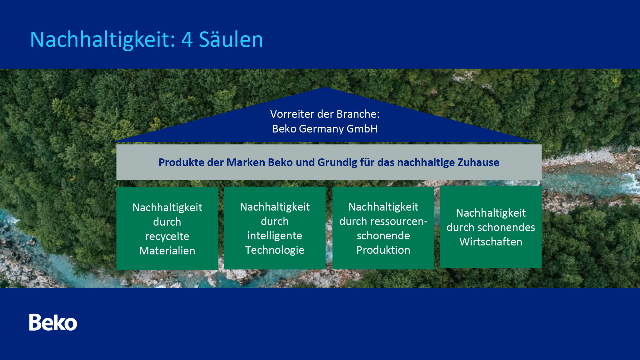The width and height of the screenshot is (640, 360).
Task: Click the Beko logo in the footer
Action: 53,322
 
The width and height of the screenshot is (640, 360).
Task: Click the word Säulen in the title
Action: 231,39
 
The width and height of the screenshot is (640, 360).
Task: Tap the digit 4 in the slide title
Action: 187,39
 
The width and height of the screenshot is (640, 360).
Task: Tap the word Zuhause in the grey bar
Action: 478,162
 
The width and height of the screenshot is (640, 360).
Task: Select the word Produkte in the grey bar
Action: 181,162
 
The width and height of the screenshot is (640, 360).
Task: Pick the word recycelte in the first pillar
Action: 167,236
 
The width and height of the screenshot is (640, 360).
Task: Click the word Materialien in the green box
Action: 167,251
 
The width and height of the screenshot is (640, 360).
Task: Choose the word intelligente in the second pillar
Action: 275,236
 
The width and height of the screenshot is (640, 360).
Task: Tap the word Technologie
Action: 275,250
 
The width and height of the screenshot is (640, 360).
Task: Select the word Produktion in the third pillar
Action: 383,250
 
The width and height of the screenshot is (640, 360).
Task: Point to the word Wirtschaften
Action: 491,242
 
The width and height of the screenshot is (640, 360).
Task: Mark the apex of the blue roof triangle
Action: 325,87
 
